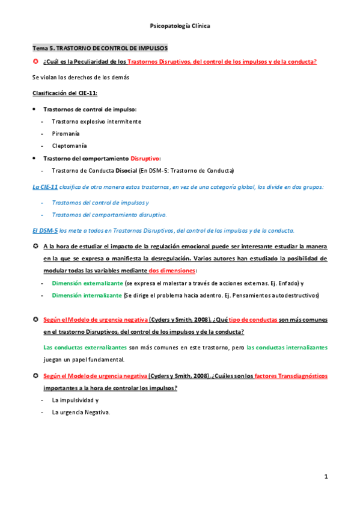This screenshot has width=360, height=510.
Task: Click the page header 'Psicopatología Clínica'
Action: (x=180, y=26)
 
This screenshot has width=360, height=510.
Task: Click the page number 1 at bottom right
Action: (x=326, y=477)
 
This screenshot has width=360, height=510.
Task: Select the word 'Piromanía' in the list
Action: (x=66, y=134)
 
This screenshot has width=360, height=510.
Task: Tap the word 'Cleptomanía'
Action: (x=69, y=146)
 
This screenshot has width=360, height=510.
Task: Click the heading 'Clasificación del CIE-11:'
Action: (x=65, y=93)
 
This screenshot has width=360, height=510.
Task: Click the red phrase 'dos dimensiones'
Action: (x=168, y=270)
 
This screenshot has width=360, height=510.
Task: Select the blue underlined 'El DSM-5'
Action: (x=44, y=230)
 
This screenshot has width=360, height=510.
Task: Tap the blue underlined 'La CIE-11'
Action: (x=45, y=186)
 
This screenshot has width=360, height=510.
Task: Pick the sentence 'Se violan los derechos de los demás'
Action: (x=81, y=77)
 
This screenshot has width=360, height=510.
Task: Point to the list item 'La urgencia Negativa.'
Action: (x=81, y=412)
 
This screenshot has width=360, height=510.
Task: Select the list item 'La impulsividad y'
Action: (x=76, y=400)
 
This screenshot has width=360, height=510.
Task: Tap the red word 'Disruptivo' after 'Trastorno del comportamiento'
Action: (x=145, y=158)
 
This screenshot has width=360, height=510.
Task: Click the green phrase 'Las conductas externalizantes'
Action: (x=85, y=348)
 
